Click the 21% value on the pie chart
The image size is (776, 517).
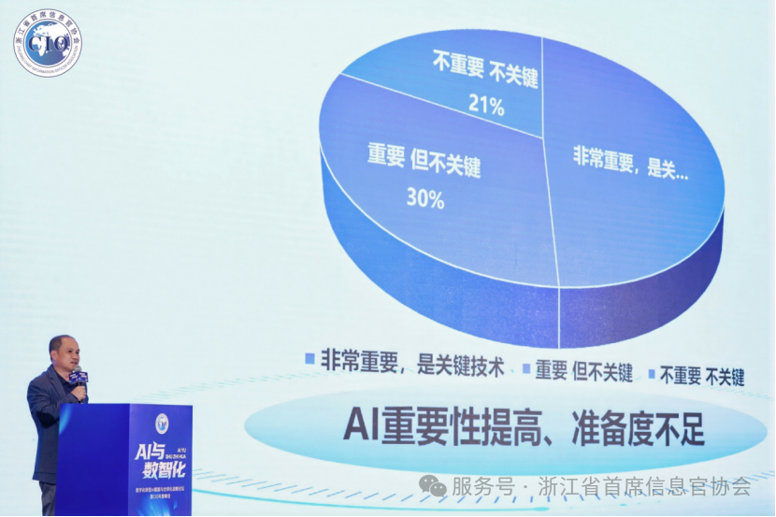(486, 106)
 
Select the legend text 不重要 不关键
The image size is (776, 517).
(702, 376)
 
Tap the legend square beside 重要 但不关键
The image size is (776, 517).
(525, 368)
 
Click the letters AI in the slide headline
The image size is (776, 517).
(361, 424)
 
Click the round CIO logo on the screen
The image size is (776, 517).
(47, 42)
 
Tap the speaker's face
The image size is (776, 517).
(64, 353)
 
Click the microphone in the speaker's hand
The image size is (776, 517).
(80, 379)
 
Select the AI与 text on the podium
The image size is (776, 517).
(147, 452)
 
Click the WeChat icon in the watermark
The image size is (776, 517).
(432, 486)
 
